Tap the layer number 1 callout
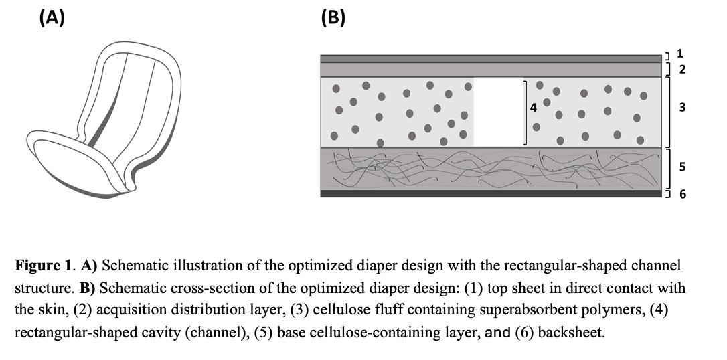tap(680, 53)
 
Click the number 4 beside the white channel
tap(534, 107)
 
